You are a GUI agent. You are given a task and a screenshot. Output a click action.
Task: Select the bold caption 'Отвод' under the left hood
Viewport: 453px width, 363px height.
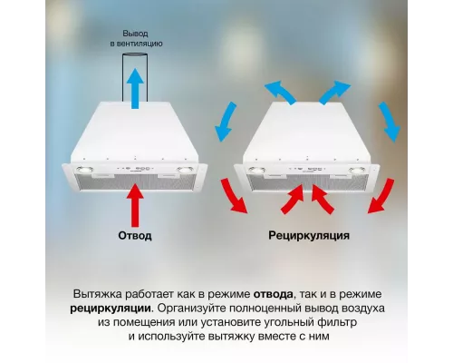coord(135,235)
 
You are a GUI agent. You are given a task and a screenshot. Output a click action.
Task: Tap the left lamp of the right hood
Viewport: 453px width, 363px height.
coord(257,170)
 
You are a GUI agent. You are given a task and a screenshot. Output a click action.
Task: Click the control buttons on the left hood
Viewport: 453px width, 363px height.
coord(136,169)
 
